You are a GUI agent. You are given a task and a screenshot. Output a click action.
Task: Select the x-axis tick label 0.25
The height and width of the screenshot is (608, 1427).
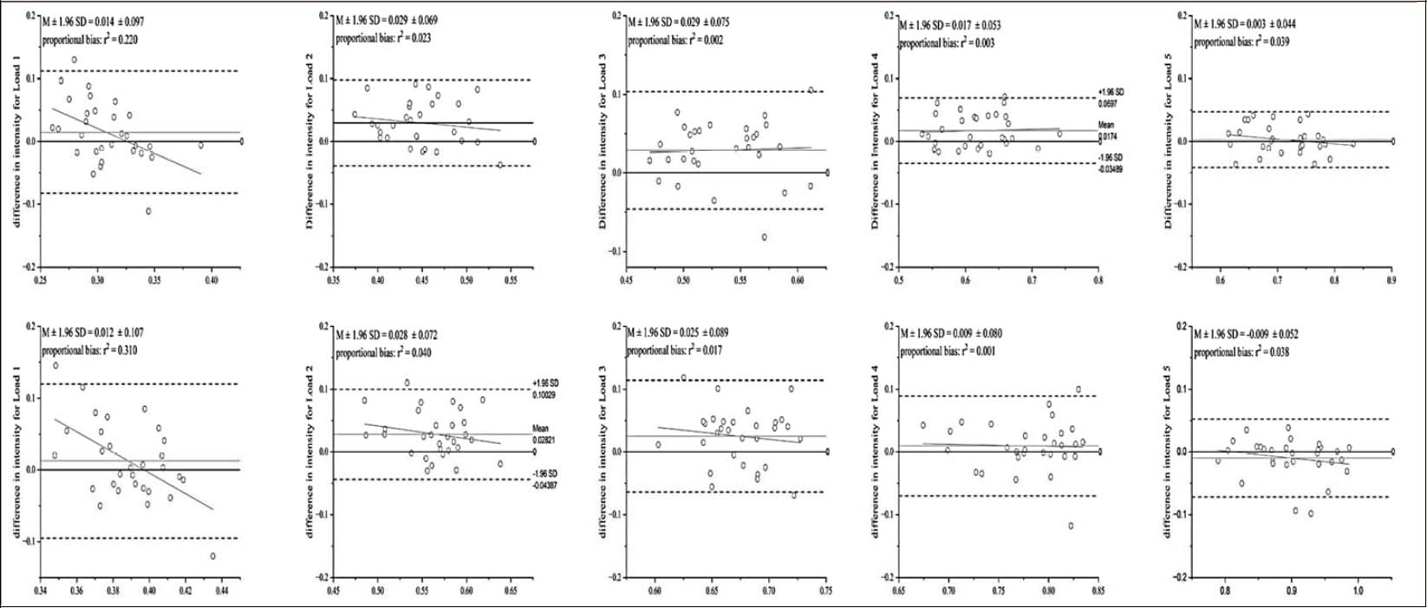(40, 280)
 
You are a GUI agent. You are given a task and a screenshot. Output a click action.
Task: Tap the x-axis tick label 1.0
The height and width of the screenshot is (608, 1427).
(1358, 592)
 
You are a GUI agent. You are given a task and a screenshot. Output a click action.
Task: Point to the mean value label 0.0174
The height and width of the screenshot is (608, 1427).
(1107, 136)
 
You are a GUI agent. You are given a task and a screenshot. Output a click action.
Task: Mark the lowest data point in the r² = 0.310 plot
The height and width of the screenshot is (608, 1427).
(212, 556)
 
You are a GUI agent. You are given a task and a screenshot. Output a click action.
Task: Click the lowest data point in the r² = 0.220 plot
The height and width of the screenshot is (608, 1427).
(148, 211)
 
